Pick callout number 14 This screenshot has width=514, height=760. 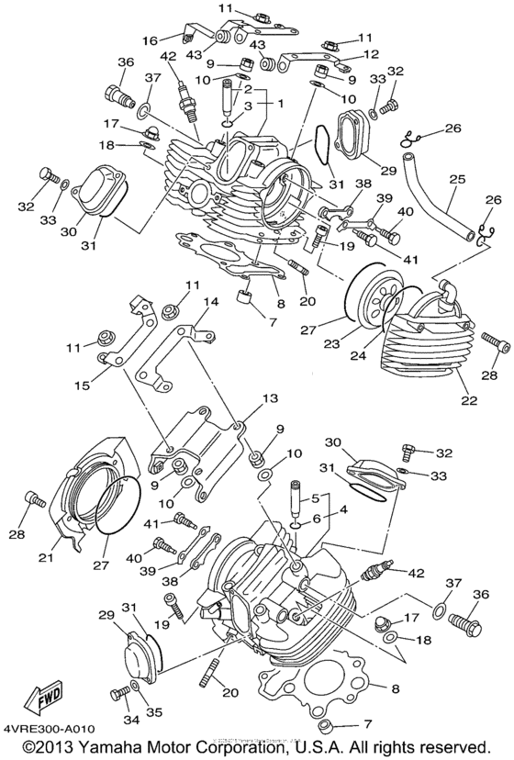tap(211, 301)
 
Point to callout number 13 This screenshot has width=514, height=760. tap(269, 399)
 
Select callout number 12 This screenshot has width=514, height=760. tap(370, 54)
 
